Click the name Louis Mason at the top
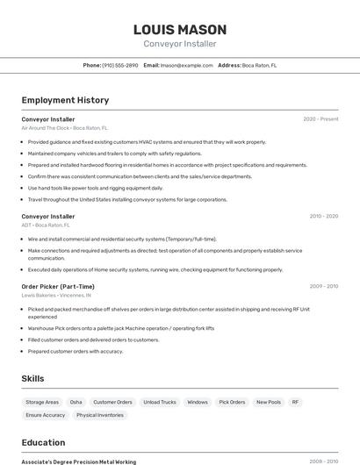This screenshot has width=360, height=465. pyautogui.click(x=179, y=29)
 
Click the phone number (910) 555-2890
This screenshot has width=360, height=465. pyautogui.click(x=120, y=65)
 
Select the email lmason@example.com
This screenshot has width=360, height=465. pyautogui.click(x=186, y=65)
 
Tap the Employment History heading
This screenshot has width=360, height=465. pyautogui.click(x=65, y=100)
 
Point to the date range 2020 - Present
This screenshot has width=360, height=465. pyautogui.click(x=320, y=118)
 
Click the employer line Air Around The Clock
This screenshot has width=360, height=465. pyautogui.click(x=65, y=128)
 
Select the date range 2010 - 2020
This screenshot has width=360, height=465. pyautogui.click(x=323, y=216)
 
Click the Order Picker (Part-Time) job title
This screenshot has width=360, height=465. pyautogui.click(x=58, y=286)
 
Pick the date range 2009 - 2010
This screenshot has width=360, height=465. pyautogui.click(x=323, y=286)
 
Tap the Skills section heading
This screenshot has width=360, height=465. pyautogui.click(x=33, y=378)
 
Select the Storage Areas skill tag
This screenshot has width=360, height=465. pyautogui.click(x=42, y=402)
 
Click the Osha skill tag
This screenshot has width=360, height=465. pyautogui.click(x=76, y=402)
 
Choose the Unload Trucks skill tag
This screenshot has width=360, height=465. pyautogui.click(x=160, y=402)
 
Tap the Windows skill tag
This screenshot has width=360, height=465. pyautogui.click(x=198, y=402)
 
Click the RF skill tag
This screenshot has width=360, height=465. pyautogui.click(x=296, y=402)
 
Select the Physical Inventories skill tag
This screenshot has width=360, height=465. pyautogui.click(x=99, y=415)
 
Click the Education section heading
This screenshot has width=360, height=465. pyautogui.click(x=43, y=442)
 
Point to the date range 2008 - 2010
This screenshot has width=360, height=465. pyautogui.click(x=323, y=461)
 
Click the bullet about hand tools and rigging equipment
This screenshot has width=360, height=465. pyautogui.click(x=95, y=188)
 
